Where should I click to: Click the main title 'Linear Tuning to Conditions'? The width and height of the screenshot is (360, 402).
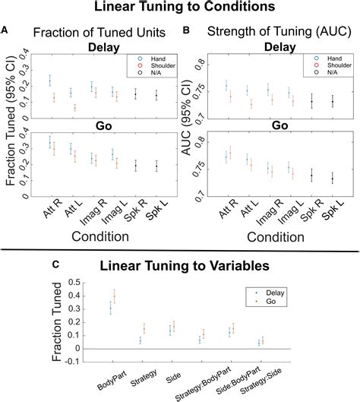[180, 8]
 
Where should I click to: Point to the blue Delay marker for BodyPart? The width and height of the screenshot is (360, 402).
[111, 306]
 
